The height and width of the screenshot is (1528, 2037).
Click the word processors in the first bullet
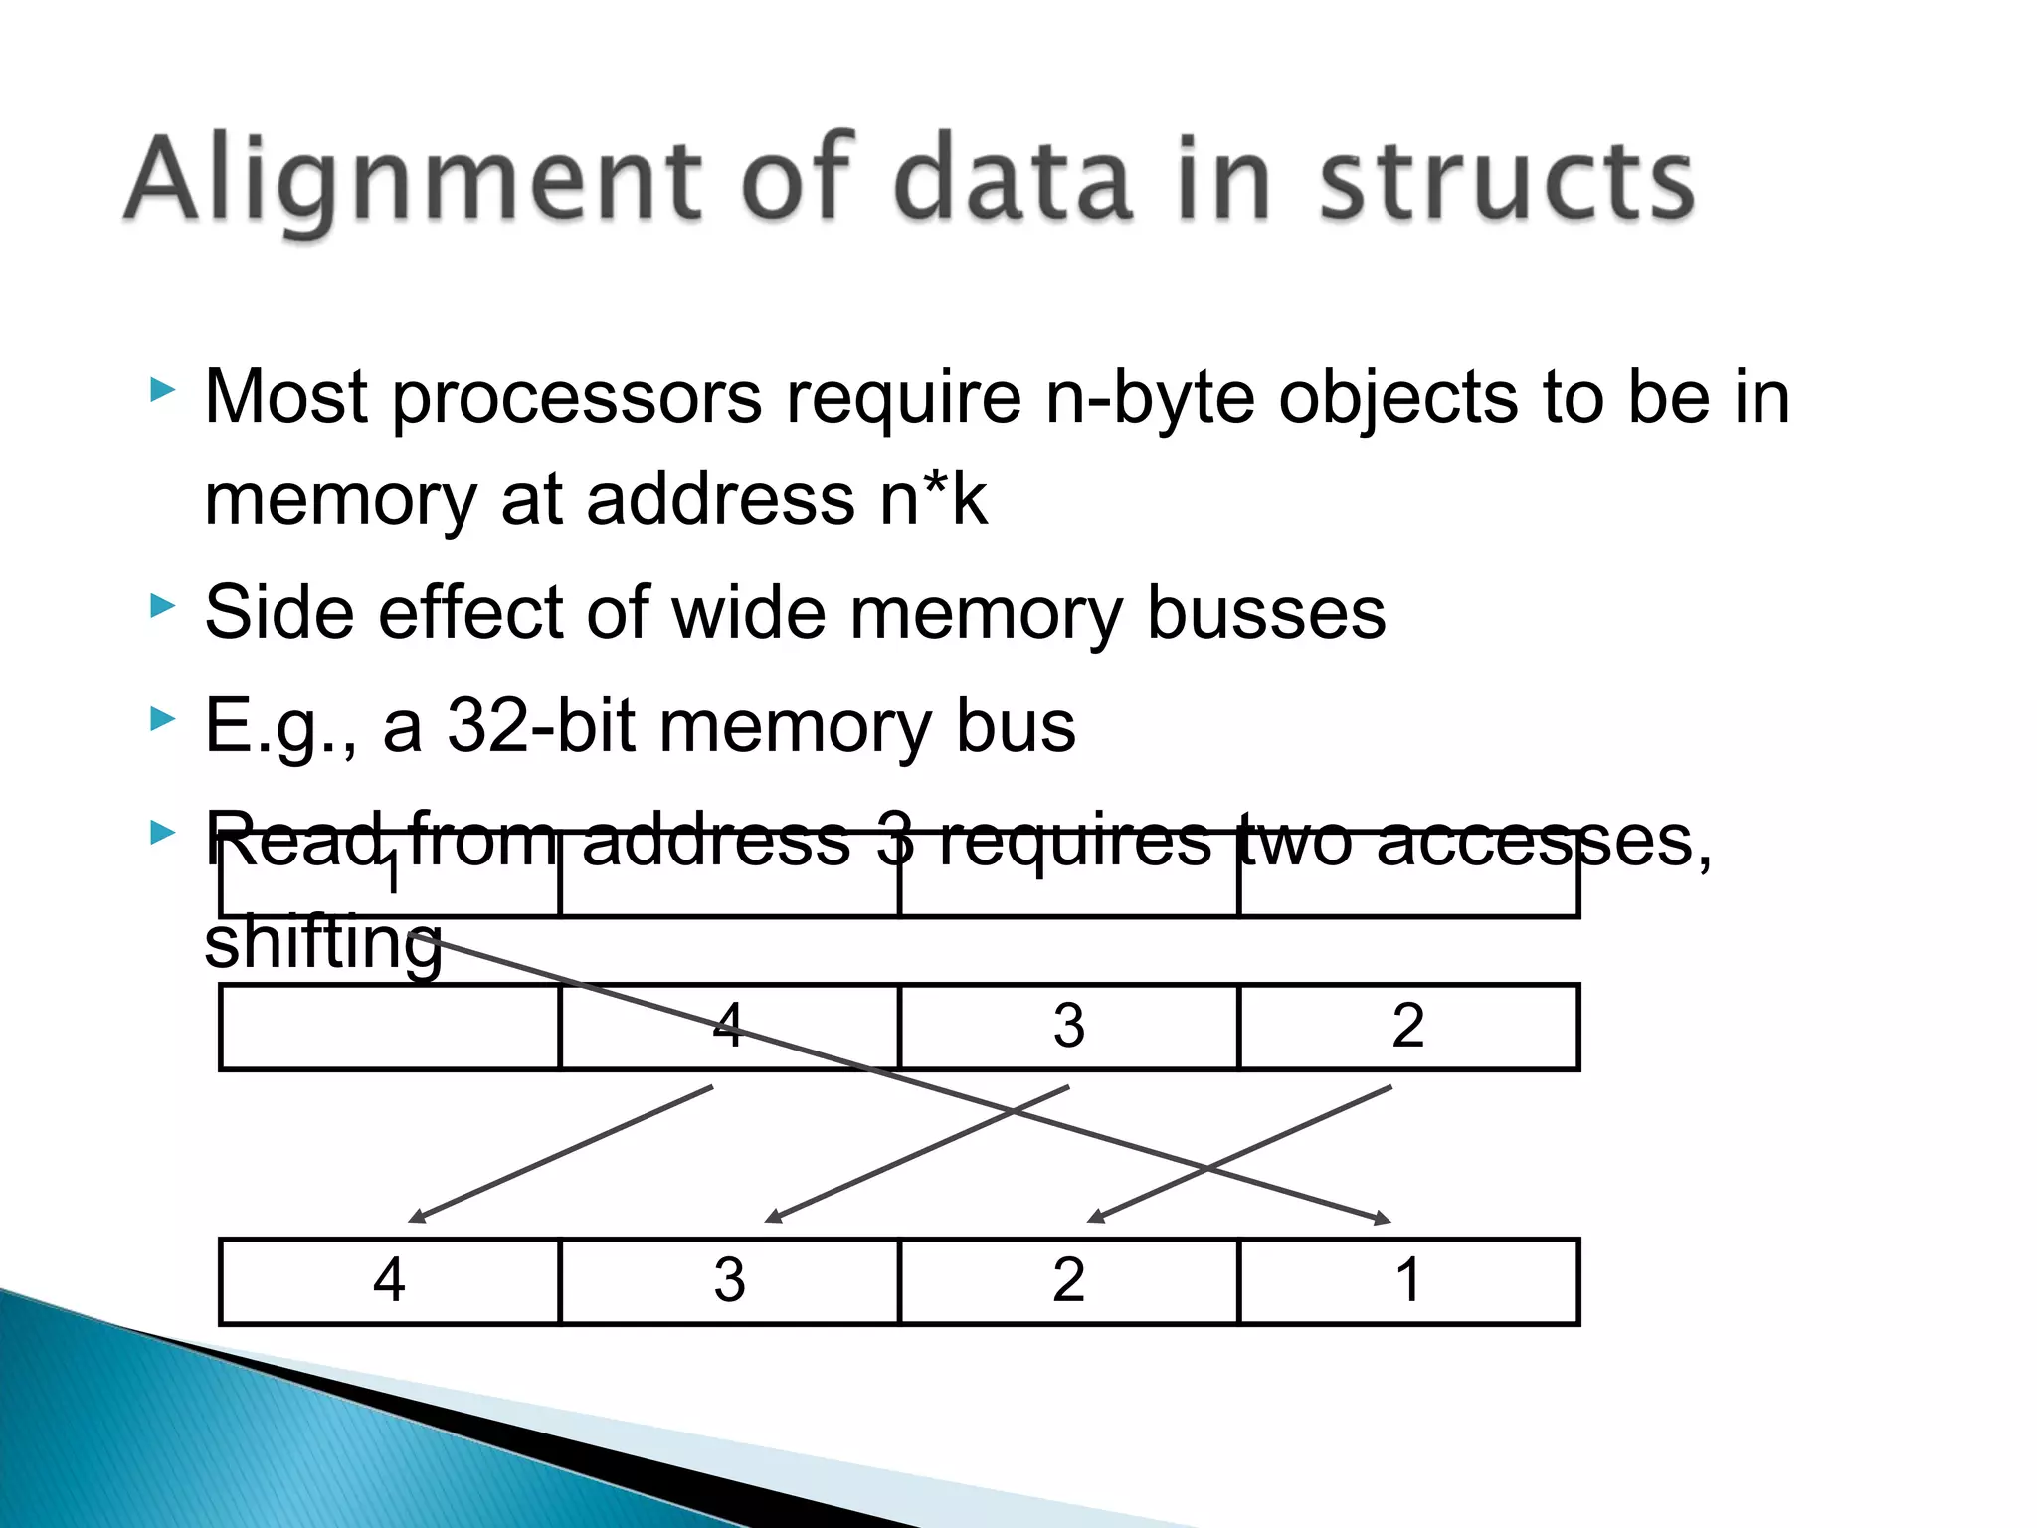point(577,398)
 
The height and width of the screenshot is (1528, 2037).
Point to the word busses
point(1265,613)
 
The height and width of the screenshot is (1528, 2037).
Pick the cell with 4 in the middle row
point(729,1027)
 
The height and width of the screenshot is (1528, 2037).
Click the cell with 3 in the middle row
point(1068,1027)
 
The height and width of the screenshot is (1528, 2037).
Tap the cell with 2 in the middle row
point(1407,1027)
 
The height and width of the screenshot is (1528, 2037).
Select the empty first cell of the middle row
point(390,1027)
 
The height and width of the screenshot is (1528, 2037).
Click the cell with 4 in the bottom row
point(390,1281)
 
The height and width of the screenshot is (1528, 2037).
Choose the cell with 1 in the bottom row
point(1407,1281)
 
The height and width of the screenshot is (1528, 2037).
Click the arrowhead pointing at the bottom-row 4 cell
point(417,1217)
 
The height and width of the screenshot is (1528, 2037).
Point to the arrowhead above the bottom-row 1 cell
point(1383,1219)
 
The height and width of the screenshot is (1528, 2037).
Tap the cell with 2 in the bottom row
point(1068,1281)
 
